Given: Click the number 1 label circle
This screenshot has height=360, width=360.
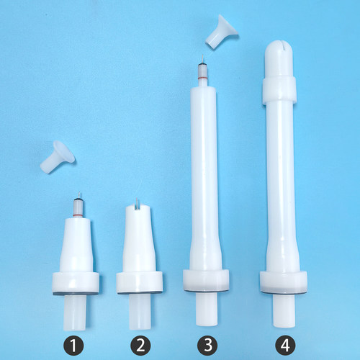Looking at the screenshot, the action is (73, 346).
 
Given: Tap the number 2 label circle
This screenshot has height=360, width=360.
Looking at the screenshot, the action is (140, 346).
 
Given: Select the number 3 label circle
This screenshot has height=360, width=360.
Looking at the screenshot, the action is (207, 346).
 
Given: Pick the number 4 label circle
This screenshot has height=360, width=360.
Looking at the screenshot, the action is (285, 346).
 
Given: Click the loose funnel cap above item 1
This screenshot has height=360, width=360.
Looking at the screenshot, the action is (58, 157).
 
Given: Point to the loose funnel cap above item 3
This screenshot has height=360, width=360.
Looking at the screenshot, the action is (222, 32).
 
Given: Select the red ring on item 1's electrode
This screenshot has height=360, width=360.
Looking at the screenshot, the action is (78, 215).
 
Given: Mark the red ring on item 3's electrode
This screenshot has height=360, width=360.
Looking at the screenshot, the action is (203, 78).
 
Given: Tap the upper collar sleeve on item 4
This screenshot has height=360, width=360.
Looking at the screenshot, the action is (279, 90).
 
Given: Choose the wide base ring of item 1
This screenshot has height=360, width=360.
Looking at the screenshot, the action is (76, 283).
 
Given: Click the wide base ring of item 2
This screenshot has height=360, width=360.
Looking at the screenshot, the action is (140, 283).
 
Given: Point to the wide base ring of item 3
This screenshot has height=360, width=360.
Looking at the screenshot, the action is (206, 280).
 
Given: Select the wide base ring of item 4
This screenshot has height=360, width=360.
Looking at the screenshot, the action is (284, 282).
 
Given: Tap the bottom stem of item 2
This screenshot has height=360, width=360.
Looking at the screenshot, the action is (140, 312).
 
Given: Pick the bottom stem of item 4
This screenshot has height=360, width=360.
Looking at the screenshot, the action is (284, 310).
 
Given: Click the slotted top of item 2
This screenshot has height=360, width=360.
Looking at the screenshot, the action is (138, 207).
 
